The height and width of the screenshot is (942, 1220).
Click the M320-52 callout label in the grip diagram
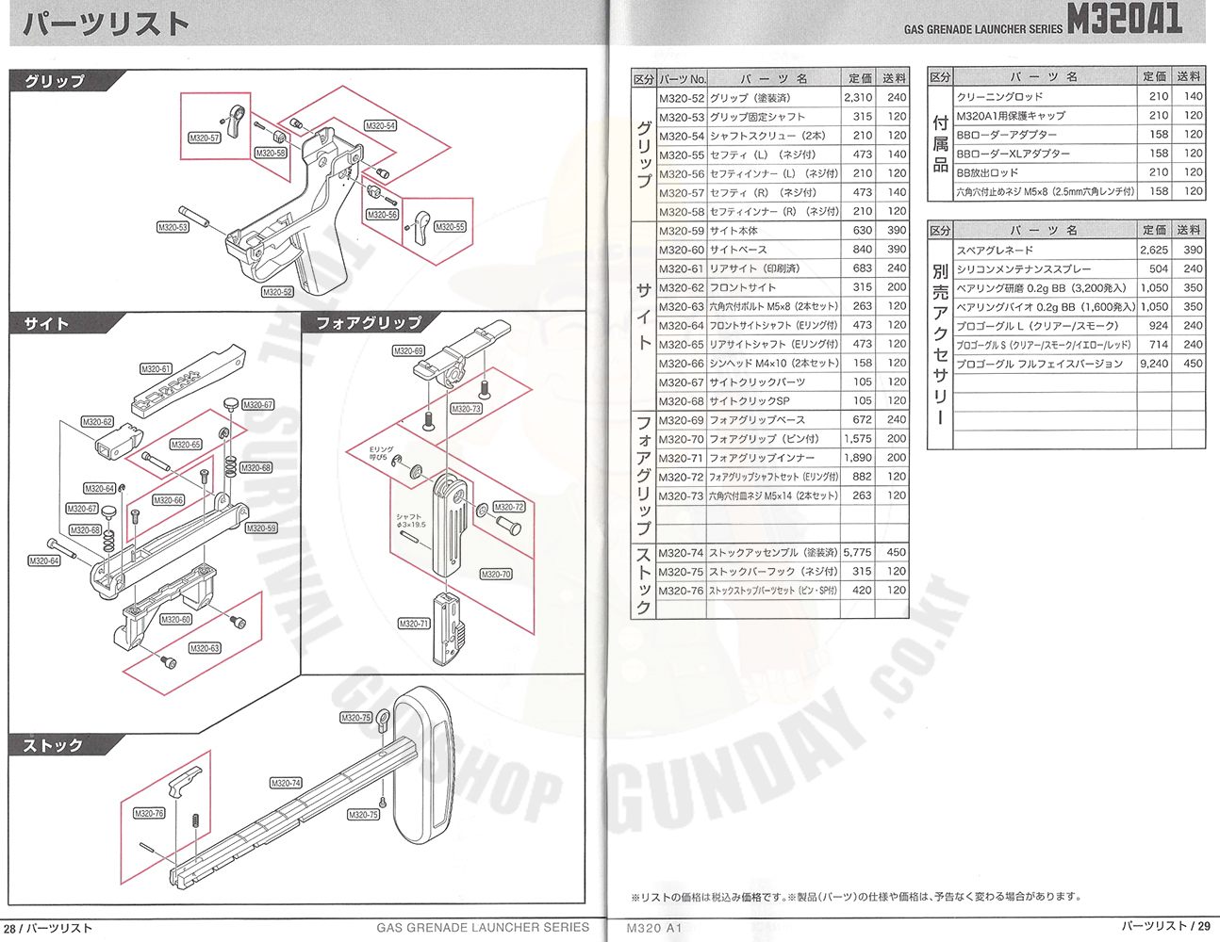(277, 292)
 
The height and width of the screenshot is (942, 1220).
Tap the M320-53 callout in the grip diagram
(173, 227)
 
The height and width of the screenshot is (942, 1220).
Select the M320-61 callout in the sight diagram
(157, 369)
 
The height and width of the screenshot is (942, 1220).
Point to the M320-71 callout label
(414, 624)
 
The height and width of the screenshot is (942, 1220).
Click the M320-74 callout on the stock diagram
(286, 783)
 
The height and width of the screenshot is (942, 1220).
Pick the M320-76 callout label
(149, 813)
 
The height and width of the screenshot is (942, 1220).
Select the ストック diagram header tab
(54, 745)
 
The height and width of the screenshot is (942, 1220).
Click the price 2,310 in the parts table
(858, 98)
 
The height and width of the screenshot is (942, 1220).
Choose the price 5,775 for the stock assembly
(857, 553)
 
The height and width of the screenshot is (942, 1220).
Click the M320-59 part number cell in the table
(682, 231)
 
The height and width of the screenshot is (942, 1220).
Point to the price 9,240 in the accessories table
(1154, 364)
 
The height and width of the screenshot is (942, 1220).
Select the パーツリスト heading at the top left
(106, 24)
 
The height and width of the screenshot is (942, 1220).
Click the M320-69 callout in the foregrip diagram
(408, 351)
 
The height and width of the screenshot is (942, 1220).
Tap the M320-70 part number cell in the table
(682, 439)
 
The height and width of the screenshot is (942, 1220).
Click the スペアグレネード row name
(995, 251)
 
